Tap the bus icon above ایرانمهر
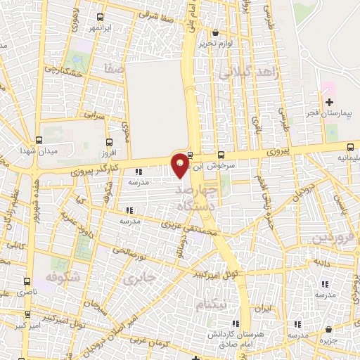(101, 17)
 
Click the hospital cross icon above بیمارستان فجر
(329, 103)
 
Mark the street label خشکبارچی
(64, 72)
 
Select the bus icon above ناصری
(27, 280)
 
